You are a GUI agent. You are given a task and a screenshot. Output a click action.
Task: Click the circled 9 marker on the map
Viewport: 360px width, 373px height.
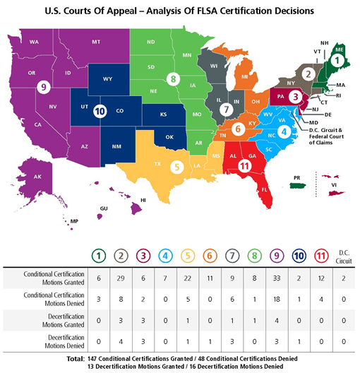click(44, 88)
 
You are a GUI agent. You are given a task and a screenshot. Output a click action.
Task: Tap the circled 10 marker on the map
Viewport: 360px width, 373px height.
click(100, 110)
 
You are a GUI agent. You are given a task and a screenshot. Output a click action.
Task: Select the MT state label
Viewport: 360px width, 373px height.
click(95, 42)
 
